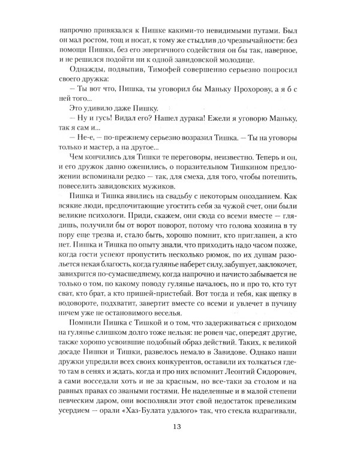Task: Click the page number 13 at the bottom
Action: [x=179, y=427]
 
